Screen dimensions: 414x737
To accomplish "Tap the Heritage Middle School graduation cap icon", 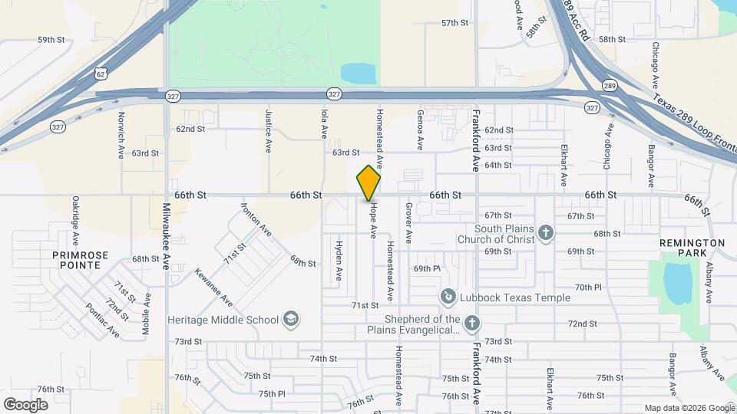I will pos(290,318).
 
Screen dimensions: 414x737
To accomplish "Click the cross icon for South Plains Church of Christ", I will pos(546,232).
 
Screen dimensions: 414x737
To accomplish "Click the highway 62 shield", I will pos(101,73).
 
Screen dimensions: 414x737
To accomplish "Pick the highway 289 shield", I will pos(609,85).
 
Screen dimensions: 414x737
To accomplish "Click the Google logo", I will pos(25,405).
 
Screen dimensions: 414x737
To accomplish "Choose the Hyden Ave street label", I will pos(339,260).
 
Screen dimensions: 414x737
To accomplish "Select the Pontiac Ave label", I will pos(103,320).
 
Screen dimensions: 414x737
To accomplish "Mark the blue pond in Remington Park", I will pos(676,282).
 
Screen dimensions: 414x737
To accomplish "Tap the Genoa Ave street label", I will pos(420,130).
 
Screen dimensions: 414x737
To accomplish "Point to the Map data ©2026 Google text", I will pos(689,408).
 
